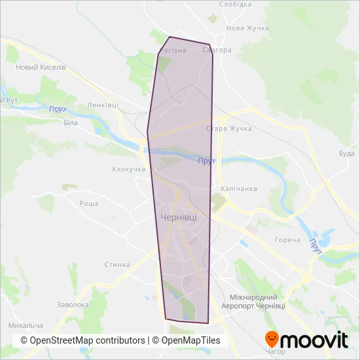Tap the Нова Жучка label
click(x=247, y=28)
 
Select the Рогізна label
click(x=173, y=50)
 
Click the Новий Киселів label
click(x=41, y=67)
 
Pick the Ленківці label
click(x=102, y=105)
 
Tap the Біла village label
click(x=71, y=122)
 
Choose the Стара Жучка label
click(x=228, y=128)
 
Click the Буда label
click(x=346, y=154)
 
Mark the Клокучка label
click(x=128, y=170)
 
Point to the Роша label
click(x=88, y=204)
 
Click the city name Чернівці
click(x=177, y=217)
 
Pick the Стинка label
click(x=118, y=265)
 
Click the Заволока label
click(x=73, y=305)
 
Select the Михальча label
click(x=26, y=325)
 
